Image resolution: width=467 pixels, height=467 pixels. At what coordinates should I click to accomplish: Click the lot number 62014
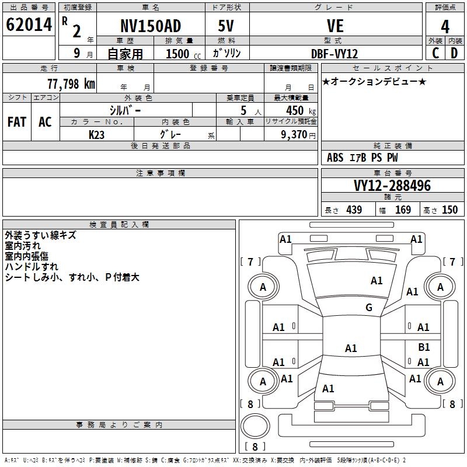[x=29, y=25]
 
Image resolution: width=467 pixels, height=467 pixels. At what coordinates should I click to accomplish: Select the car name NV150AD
[x=151, y=26]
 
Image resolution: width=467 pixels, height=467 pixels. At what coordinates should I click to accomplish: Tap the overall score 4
[x=445, y=27]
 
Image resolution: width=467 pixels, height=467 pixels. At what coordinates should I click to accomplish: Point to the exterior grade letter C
[x=435, y=53]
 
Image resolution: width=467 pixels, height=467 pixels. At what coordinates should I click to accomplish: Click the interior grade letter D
[x=454, y=53]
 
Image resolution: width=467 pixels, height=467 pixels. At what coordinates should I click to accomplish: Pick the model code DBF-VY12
[x=334, y=54]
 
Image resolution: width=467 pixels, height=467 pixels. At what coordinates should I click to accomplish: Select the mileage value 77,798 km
[x=71, y=84]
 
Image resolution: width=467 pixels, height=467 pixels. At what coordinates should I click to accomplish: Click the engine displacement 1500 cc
[x=183, y=54]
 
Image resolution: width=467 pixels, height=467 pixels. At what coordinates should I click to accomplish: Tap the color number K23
[x=96, y=135]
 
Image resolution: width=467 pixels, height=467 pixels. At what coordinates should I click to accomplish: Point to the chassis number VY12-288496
[x=392, y=186]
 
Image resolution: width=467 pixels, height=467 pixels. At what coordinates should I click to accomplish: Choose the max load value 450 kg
[x=301, y=110]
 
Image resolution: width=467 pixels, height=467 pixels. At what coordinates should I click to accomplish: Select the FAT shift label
[x=17, y=122]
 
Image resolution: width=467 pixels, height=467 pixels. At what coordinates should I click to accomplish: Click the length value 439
[x=354, y=210]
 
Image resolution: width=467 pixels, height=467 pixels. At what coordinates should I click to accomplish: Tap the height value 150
[x=449, y=210]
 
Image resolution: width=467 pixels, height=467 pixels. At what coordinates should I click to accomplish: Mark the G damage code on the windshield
[x=369, y=307]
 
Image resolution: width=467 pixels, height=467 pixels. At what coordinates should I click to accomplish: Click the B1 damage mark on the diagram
[x=424, y=347]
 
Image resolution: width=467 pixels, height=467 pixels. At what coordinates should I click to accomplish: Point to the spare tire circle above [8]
[x=255, y=426]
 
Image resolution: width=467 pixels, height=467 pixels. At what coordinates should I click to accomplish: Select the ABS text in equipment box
[x=335, y=158]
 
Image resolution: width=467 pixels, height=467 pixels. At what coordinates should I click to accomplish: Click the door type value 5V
[x=226, y=26]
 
